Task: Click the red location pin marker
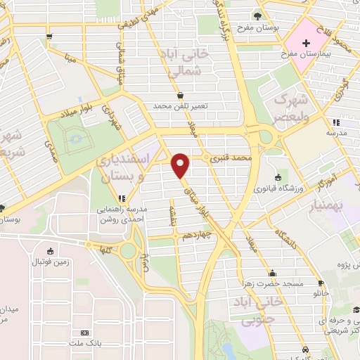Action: [181, 165]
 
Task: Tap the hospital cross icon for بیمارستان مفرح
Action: [306, 44]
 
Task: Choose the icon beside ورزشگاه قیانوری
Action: [278, 176]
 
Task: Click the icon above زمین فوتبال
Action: [49, 252]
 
